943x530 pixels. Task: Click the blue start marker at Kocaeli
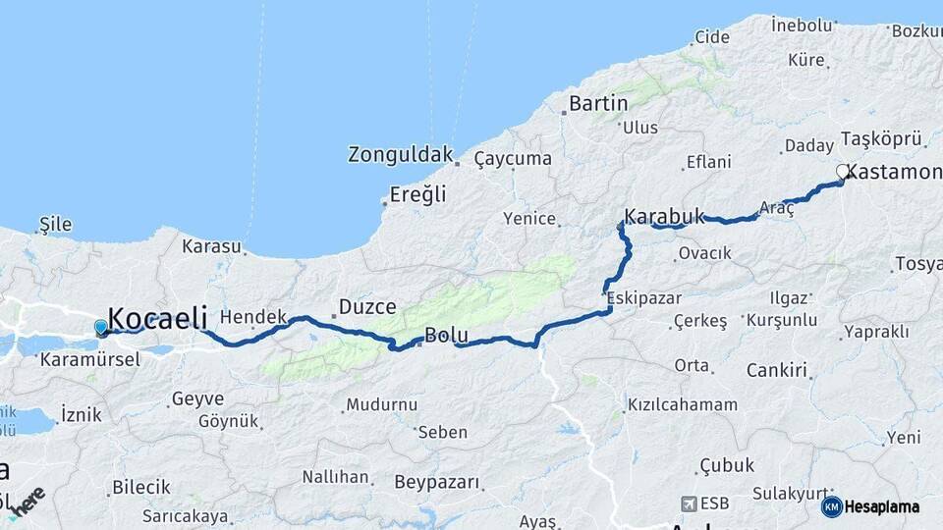[101, 327]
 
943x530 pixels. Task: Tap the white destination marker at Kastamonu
[842, 172]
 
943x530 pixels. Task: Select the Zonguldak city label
[401, 154]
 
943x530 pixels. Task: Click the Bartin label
[598, 103]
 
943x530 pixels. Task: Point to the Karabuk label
[665, 217]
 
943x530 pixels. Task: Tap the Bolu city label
[446, 336]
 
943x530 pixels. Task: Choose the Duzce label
[367, 307]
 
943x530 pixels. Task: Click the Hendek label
[252, 316]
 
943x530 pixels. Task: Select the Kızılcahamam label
[682, 404]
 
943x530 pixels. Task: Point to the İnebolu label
[804, 23]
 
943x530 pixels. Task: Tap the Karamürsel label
[90, 359]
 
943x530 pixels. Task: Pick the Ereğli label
[417, 193]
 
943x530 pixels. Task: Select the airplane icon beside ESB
[689, 503]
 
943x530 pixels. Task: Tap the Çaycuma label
[513, 158]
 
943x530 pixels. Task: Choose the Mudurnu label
[381, 404]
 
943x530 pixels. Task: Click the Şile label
[55, 224]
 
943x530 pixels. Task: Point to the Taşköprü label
[883, 138]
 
